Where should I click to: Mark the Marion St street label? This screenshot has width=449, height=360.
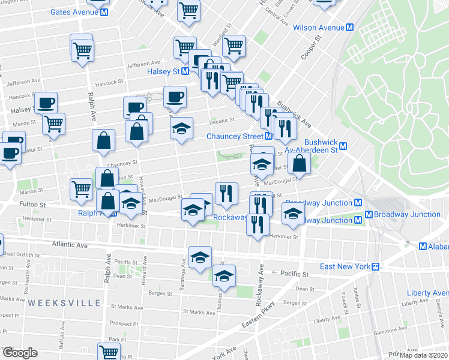click(28, 192)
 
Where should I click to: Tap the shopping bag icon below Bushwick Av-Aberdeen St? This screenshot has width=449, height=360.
click(298, 162)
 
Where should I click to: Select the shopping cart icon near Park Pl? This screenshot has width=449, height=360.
click(109, 352)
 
